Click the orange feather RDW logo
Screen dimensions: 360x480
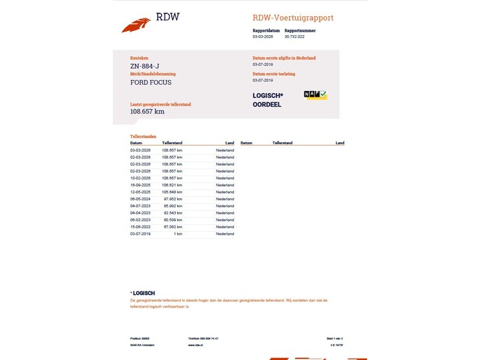tap(136, 25)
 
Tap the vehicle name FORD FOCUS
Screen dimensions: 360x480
tap(151, 82)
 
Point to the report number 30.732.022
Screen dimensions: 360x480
tap(295, 37)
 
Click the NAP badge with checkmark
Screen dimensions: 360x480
tap(315, 94)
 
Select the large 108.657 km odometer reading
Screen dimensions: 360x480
tap(147, 111)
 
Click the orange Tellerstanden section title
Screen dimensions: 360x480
tap(143, 136)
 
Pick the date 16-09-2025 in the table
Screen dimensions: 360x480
tap(140, 185)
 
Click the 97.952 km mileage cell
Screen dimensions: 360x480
tap(172, 199)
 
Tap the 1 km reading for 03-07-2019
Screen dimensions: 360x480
tap(178, 234)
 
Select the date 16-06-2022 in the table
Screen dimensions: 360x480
tap(140, 227)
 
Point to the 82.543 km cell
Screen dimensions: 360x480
tap(172, 213)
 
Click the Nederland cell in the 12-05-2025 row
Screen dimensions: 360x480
tap(225, 192)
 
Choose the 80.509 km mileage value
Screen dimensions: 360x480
tap(172, 220)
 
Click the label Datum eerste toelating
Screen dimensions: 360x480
tap(274, 74)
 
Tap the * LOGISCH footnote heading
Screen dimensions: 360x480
tap(143, 293)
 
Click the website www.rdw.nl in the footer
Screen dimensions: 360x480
tap(196, 345)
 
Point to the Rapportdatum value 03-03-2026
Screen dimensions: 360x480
tap(263, 37)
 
